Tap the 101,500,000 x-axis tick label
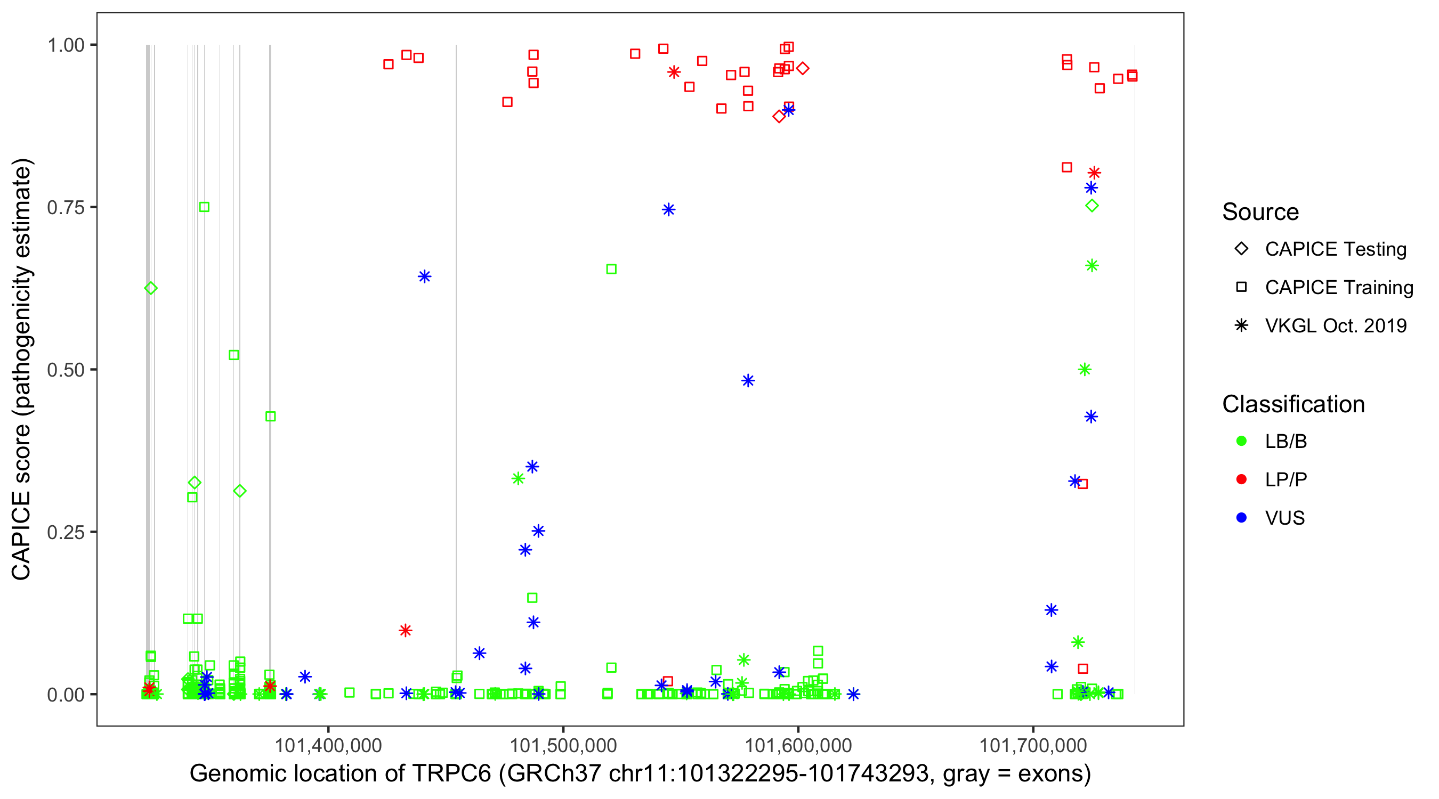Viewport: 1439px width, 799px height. coord(563,745)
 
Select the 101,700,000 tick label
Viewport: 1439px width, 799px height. coord(1033,745)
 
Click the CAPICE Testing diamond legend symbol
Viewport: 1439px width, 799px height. coord(1241,249)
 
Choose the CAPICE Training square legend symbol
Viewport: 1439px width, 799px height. coord(1241,288)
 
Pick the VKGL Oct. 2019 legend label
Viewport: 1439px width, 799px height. coord(1335,326)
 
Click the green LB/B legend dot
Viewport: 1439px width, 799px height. coord(1241,441)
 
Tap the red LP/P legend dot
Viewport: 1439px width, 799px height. coord(1241,479)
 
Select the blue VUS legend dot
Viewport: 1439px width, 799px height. coord(1241,518)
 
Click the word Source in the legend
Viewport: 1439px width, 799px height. coord(1260,212)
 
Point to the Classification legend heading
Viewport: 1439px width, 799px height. coord(1293,404)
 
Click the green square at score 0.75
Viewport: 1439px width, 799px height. coord(205,207)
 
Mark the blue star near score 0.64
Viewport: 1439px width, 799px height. coord(425,276)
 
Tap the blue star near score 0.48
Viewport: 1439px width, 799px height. coord(748,381)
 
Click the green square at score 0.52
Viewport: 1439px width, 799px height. coord(234,355)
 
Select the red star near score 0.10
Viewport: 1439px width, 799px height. coord(406,630)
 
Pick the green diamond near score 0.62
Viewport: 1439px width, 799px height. coord(151,288)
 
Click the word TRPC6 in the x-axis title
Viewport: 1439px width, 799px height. coord(451,774)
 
